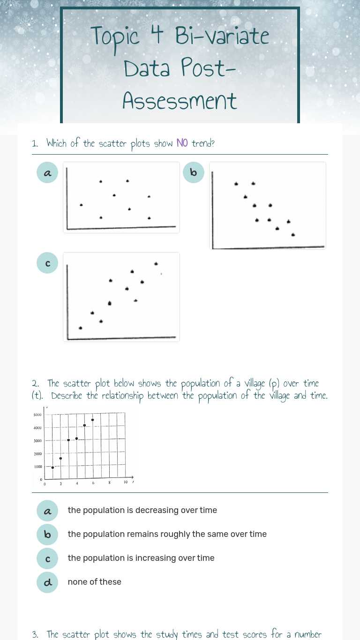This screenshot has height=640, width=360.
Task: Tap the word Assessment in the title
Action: coord(180,100)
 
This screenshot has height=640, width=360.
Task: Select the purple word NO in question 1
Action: coord(182,143)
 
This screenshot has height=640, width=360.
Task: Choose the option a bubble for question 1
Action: coord(47,172)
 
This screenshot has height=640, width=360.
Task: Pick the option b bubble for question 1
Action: coord(194,172)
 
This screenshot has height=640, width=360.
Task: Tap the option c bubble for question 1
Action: coord(47,263)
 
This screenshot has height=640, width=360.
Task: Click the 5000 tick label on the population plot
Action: coord(37,415)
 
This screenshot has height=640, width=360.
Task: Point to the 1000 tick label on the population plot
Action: coord(38,467)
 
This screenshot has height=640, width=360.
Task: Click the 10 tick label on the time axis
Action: coord(126,482)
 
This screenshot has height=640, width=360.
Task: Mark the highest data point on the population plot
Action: coord(93,420)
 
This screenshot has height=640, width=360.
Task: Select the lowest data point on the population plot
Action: coord(52,467)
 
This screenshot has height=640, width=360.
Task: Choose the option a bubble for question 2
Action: coord(47,511)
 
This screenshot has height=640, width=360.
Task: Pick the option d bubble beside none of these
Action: coord(47,582)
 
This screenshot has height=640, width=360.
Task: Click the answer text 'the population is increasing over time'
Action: coord(141,558)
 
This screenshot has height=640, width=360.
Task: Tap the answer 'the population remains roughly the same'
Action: coord(167,534)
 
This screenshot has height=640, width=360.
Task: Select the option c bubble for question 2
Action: coord(47,558)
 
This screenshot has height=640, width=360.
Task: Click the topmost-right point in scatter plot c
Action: coord(156,264)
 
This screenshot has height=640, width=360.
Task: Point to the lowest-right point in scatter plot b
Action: coord(293,235)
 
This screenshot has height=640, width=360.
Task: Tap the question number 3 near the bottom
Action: coord(35,634)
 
